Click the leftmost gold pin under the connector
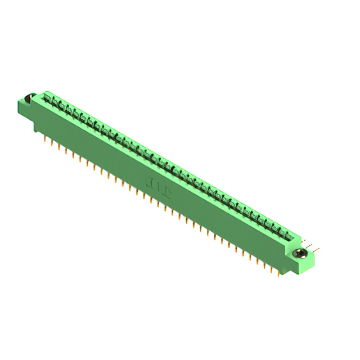pos(46,137)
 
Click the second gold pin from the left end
pos(52,141)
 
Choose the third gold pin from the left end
pos(59,145)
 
